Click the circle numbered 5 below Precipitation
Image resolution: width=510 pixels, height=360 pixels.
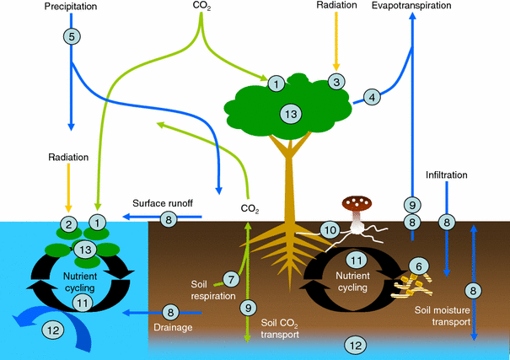(x=72, y=37)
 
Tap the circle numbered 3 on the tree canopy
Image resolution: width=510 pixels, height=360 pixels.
(x=336, y=82)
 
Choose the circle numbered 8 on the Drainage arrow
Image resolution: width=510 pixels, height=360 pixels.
(x=169, y=311)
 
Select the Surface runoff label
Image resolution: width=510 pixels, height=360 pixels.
(x=164, y=203)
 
